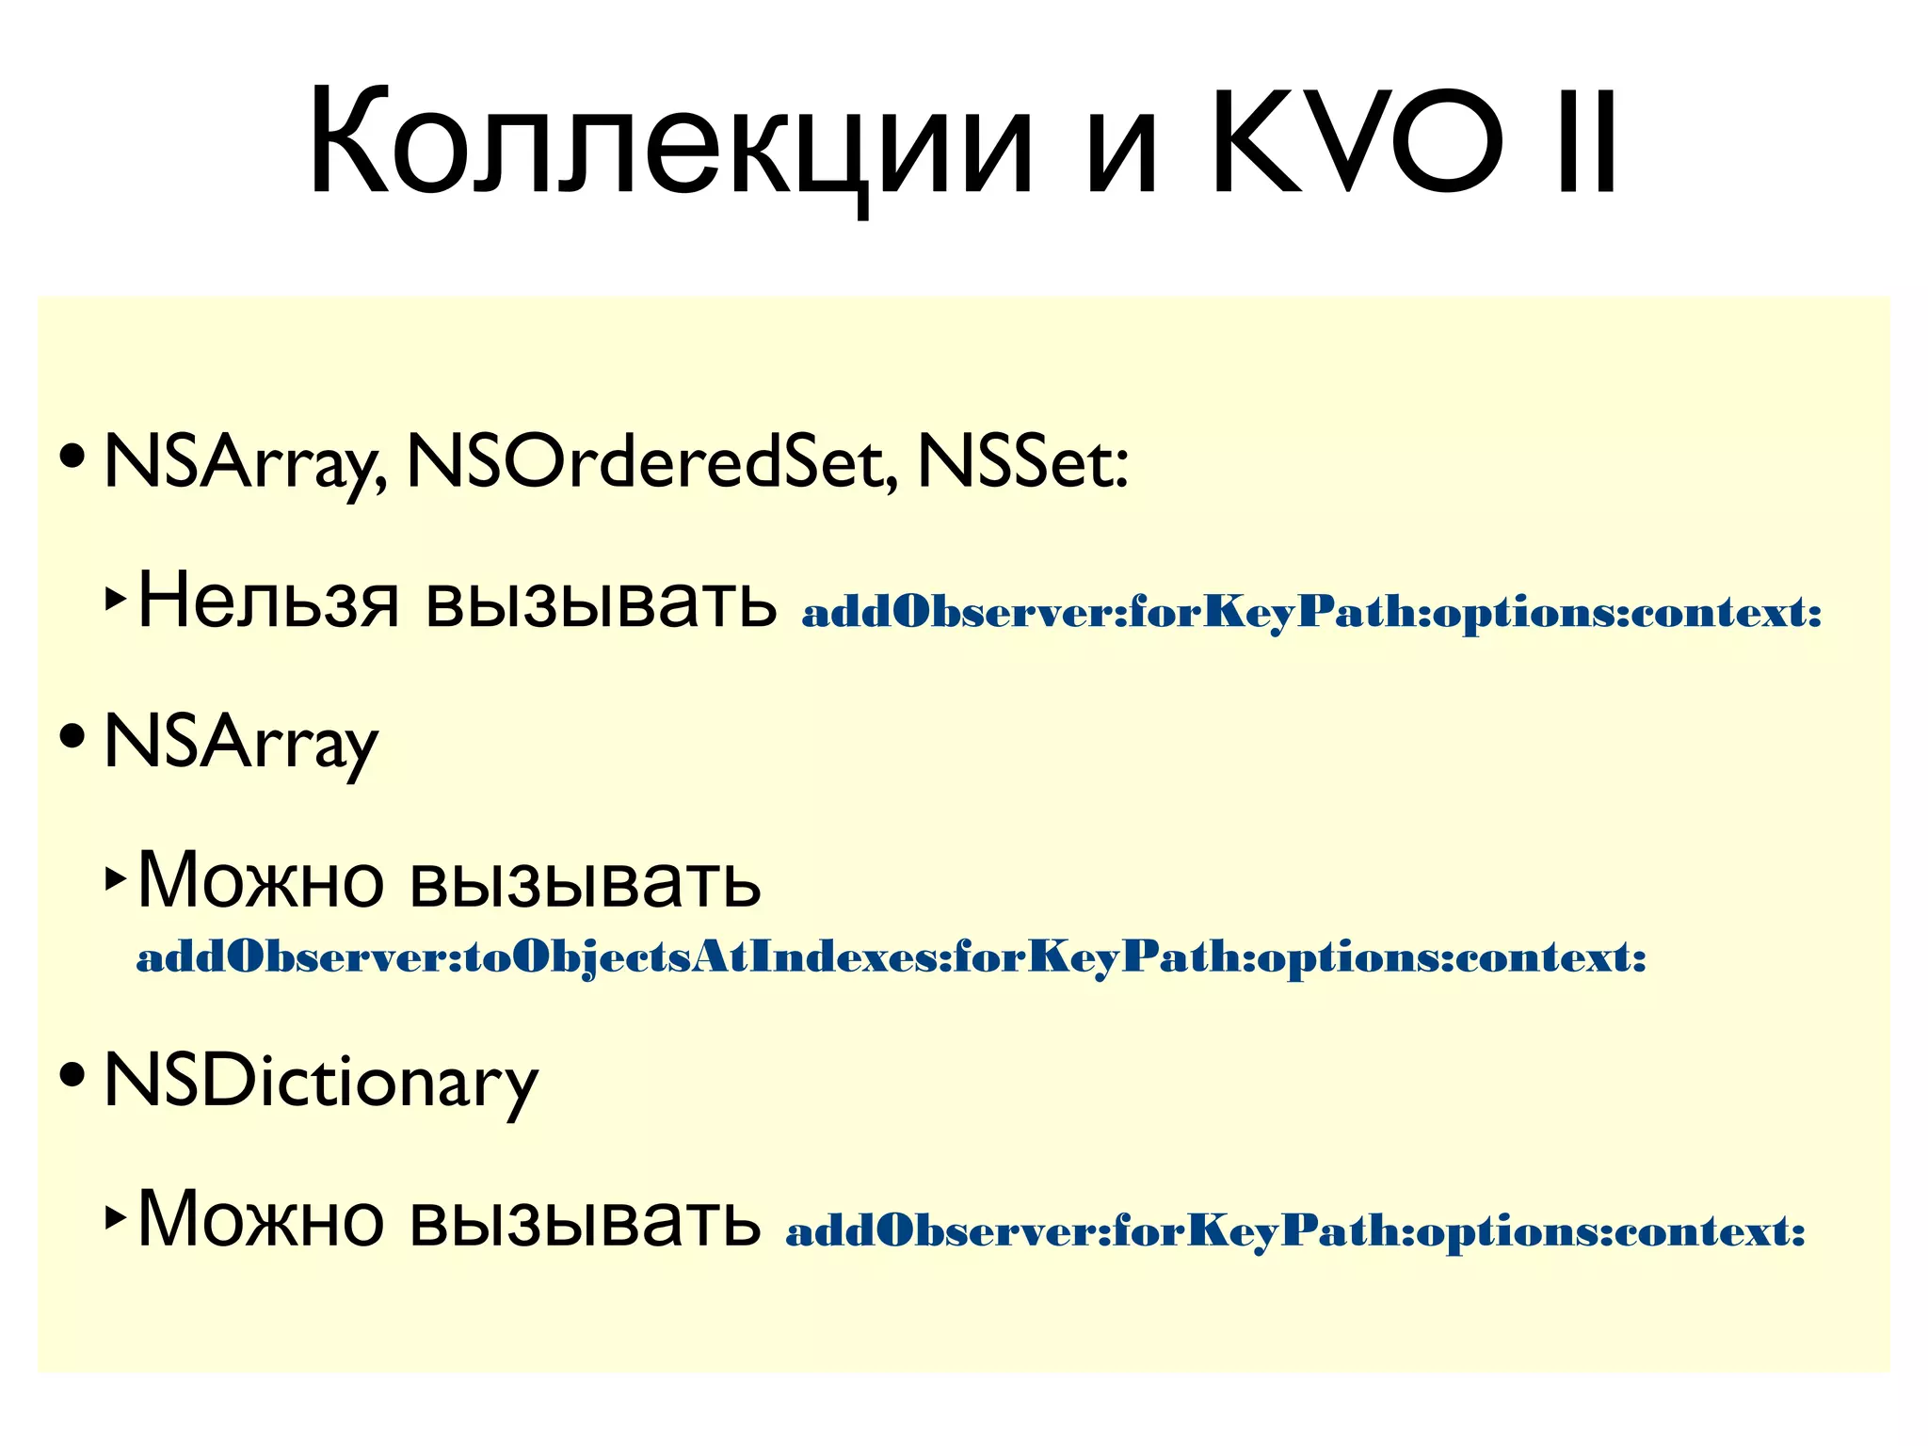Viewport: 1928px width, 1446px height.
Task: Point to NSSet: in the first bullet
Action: point(1022,463)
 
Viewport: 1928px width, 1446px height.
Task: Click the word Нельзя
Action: point(268,601)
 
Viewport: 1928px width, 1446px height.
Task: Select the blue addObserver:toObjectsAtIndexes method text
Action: point(891,958)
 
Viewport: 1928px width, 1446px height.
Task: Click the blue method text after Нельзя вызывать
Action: point(1311,613)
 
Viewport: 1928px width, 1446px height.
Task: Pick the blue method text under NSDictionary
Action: point(1294,1231)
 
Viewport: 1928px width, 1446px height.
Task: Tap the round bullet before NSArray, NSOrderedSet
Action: point(72,456)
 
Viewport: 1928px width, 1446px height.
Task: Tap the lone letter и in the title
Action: point(1120,155)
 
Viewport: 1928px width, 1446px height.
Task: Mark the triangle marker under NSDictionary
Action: point(115,1216)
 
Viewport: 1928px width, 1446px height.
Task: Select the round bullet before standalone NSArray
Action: point(72,734)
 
